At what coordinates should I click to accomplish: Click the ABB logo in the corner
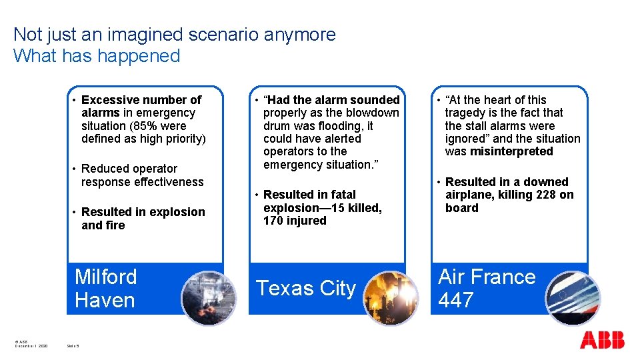click(x=602, y=340)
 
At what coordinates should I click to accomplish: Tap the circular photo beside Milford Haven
click(x=209, y=297)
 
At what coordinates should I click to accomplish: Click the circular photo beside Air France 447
click(x=573, y=297)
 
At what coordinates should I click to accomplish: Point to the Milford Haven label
click(x=105, y=288)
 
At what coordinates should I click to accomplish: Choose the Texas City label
click(x=306, y=288)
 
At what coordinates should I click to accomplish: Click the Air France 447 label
click(x=487, y=288)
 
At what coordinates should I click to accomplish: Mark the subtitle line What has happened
click(x=97, y=55)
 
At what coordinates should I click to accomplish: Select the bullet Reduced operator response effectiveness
click(x=142, y=175)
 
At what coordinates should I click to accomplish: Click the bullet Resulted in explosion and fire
click(x=143, y=219)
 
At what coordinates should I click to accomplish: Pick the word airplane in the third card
click(x=468, y=195)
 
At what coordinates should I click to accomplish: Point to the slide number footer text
click(x=73, y=346)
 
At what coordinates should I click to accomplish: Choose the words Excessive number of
click(x=141, y=100)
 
